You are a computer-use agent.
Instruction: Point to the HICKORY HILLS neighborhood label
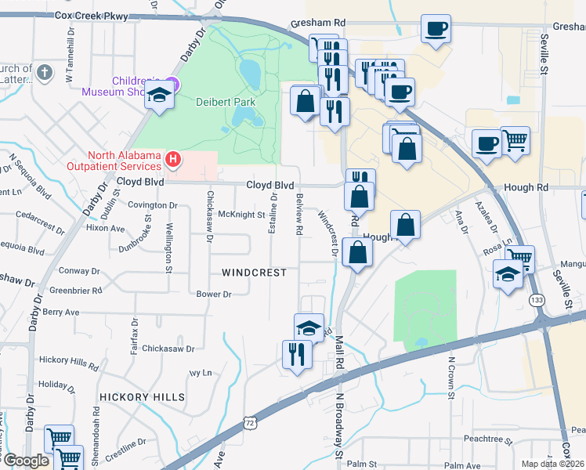(143, 397)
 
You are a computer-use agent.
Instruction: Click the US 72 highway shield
(249, 422)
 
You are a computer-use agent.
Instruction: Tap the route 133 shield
(537, 300)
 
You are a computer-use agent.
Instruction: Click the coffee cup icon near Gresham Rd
(436, 30)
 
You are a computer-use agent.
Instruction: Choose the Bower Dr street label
(214, 295)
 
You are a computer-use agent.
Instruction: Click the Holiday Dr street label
(55, 385)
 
